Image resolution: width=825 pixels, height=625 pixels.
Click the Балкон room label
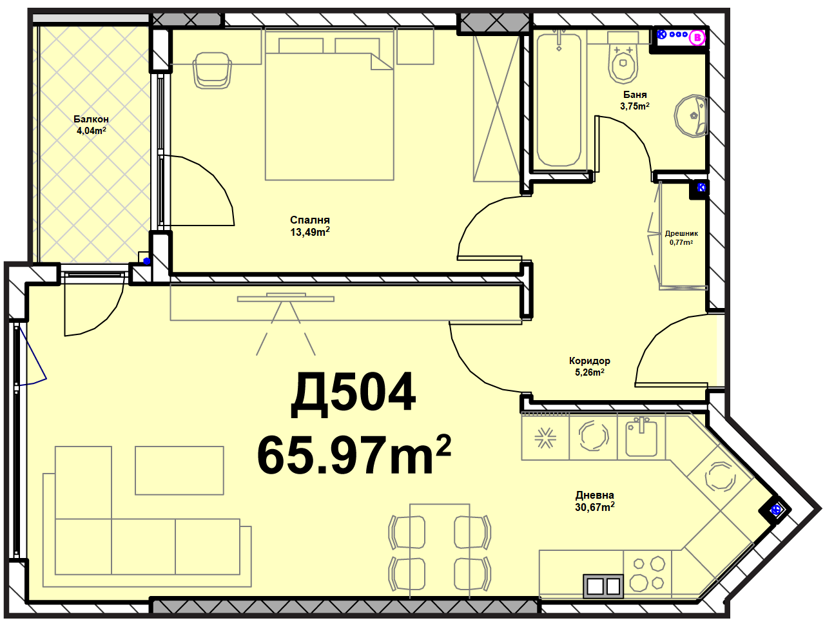pos(91,119)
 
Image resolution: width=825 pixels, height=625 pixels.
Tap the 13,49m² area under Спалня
pos(310,232)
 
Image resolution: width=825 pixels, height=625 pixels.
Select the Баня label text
pos(635,94)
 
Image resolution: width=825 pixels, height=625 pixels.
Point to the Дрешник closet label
pos(681,234)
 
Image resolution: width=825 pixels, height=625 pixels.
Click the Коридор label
pos(589,361)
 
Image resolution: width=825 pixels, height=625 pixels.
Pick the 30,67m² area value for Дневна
pos(595,507)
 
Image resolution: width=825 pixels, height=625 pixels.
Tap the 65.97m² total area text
pos(354,455)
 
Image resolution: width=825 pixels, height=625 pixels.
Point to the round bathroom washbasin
pos(691,116)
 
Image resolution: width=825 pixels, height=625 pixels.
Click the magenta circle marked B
pos(697,37)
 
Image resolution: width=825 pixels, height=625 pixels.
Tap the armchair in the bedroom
pos(211,70)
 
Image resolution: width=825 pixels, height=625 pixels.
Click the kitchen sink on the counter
pos(641,438)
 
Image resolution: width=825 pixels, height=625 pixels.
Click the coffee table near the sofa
pos(179,470)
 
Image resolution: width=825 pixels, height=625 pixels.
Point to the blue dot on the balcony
pos(147,261)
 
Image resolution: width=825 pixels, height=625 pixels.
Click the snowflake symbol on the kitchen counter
pos(545,438)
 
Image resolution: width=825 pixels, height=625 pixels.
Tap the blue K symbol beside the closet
pos(701,187)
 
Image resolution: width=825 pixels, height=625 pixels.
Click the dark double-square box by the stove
pos(603,586)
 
